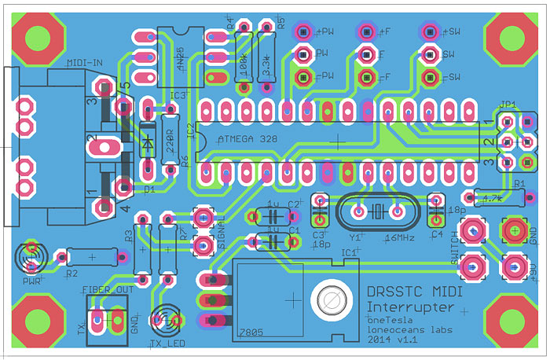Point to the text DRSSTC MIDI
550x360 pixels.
414,292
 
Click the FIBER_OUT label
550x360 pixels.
108,289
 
